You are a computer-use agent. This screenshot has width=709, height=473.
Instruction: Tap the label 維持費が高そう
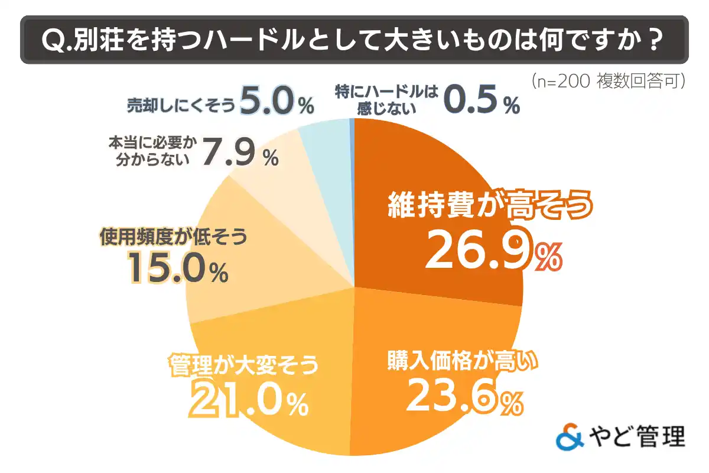point(490,206)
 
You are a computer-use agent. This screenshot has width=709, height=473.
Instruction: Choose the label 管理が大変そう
point(243,364)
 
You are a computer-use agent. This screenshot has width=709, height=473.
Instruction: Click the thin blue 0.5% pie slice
point(353,127)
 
